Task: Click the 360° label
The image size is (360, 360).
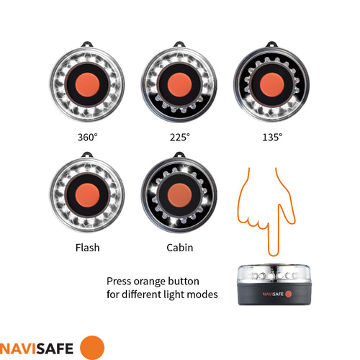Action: [x=86, y=136]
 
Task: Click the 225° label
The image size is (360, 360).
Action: [x=179, y=136]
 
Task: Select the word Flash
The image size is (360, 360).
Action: [x=86, y=248]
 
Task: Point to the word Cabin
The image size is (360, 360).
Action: [x=179, y=248]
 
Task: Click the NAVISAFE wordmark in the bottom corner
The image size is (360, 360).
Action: [x=40, y=346]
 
